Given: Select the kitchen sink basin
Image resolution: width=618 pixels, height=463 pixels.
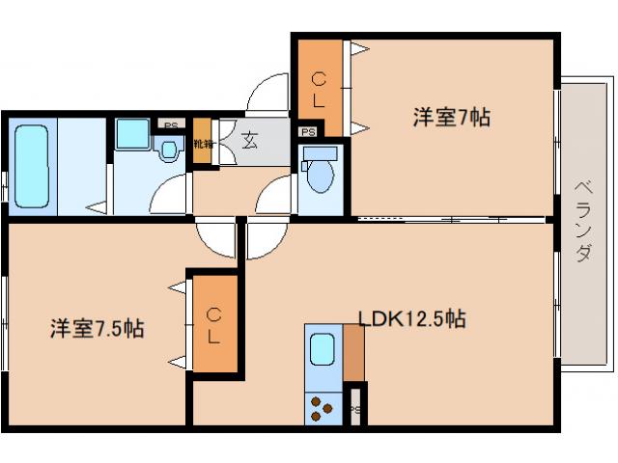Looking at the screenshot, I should click(322, 349).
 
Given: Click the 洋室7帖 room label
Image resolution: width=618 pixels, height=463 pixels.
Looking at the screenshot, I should click(452, 118).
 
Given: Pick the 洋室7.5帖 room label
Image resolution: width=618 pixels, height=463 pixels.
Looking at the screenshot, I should click(98, 329).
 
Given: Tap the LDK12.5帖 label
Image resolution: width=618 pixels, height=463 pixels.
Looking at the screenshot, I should click(412, 318).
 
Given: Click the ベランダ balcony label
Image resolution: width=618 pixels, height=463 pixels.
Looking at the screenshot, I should click(582, 222).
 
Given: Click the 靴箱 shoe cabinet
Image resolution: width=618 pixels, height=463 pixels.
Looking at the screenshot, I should click(202, 143).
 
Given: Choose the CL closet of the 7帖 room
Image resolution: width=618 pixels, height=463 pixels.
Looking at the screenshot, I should click(320, 87).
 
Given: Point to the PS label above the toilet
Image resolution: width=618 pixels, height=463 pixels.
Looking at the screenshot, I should click(308, 132).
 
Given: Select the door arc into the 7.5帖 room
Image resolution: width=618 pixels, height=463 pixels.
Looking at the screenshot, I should click(212, 237).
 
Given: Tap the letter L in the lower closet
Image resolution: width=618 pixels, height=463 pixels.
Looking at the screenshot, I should click(214, 337).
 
